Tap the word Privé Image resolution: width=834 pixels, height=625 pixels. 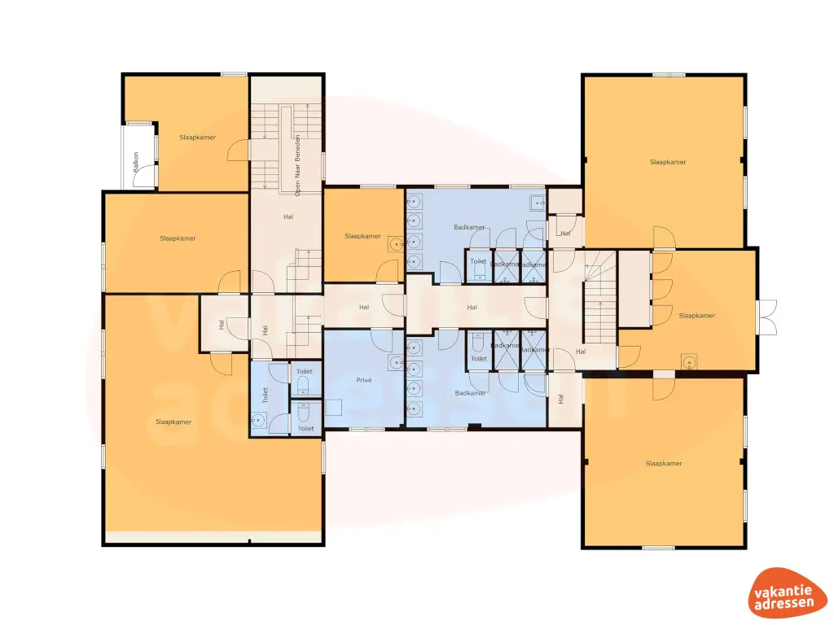pos(363,380)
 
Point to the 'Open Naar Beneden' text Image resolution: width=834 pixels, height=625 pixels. pos(298,164)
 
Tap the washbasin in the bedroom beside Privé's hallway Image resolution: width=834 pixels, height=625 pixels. pos(397,243)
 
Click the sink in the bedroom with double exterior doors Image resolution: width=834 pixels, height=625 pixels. pos(690,361)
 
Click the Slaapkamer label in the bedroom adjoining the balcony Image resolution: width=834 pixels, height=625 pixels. pos(198,138)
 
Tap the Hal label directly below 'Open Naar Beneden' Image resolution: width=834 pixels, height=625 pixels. pos(288,216)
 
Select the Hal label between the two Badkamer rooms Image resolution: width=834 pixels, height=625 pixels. pos(472,308)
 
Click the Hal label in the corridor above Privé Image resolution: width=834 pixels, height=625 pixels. pos(364,307)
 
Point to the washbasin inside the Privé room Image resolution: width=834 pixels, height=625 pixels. pos(396,362)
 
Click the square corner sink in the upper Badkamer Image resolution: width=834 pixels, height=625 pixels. pos(537,202)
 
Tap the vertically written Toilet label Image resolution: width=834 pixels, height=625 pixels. pos(265,396)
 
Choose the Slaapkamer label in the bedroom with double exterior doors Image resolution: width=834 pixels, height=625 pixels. pos(696,316)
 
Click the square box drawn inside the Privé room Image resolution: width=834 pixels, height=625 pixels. pos(334,408)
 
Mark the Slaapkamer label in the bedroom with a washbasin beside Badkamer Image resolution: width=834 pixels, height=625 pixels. pos(362,236)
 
